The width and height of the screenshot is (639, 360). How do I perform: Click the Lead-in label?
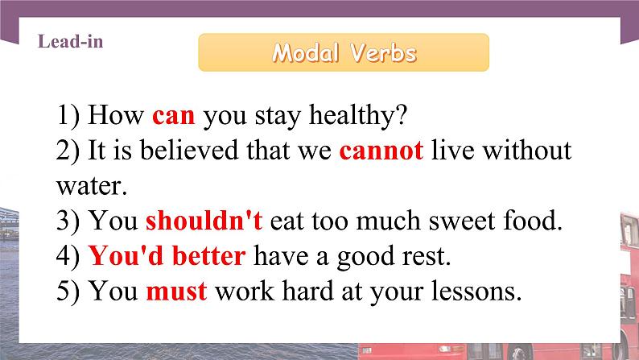coord(70,42)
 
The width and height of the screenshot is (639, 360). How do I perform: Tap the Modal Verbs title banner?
coord(344,53)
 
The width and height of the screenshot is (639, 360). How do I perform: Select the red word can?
coord(173,115)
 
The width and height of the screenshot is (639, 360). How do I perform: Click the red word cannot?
coord(381,151)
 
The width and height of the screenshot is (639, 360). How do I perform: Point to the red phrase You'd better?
coord(167,256)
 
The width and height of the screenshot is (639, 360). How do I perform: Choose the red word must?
coord(176,291)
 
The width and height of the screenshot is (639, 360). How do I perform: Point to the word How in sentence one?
coord(116,115)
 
